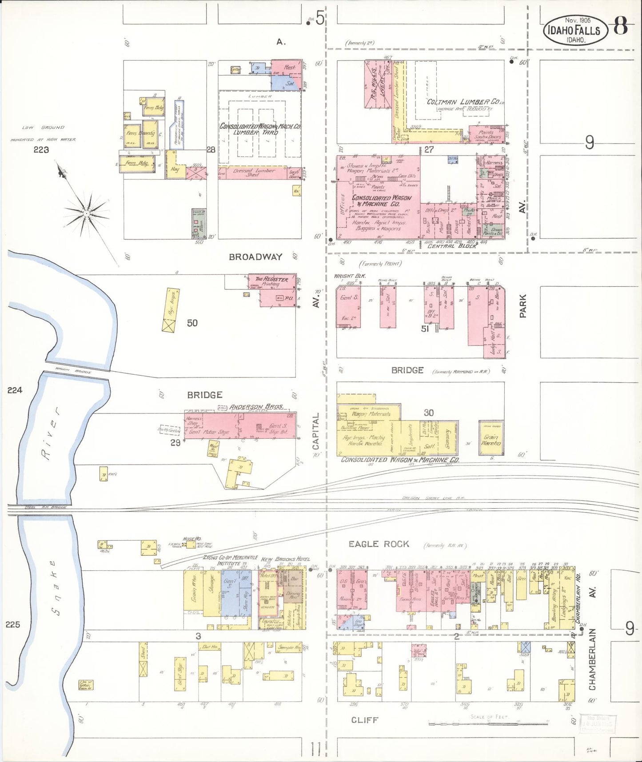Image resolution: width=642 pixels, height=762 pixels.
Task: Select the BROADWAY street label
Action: click(x=255, y=257)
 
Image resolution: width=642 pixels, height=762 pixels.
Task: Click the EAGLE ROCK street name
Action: click(x=379, y=544)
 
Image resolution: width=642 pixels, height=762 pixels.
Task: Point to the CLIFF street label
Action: click(x=364, y=719)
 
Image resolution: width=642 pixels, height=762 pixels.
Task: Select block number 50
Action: click(x=192, y=323)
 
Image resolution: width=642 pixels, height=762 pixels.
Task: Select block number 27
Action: click(x=428, y=149)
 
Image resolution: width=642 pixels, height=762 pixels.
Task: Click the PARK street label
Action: click(x=523, y=305)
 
